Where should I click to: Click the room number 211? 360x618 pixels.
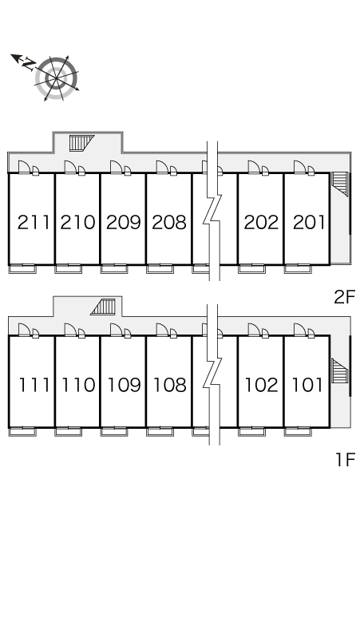(34, 222)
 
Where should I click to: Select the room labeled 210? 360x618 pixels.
(78, 222)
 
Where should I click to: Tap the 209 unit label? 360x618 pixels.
(124, 222)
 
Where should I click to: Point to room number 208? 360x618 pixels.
(169, 222)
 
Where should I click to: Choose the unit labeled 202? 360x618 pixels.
(261, 222)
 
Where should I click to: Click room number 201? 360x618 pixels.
(309, 222)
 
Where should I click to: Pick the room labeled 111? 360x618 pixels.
(34, 385)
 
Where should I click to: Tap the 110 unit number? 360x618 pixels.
(78, 385)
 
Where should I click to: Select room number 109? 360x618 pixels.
(124, 385)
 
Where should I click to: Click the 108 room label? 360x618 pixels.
(170, 385)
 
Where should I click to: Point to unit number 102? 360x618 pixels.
(262, 385)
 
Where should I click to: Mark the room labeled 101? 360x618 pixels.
(307, 385)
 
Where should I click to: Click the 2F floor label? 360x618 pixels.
(345, 297)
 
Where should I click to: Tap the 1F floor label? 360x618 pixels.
(346, 460)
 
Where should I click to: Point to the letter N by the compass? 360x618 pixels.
(29, 64)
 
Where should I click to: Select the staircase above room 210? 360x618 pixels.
(82, 143)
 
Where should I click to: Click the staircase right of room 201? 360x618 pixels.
(340, 184)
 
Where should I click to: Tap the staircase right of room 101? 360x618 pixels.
(340, 370)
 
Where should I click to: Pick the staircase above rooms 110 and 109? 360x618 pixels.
(103, 307)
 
